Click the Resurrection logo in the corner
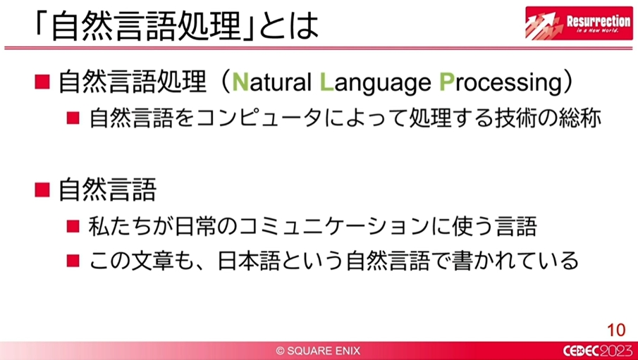coord(579,23)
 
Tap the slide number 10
coord(616,330)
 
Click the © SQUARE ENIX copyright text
coord(318,351)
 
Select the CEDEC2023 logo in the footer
coord(597,351)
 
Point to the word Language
coord(375,85)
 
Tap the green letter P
coord(446,82)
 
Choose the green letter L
coord(326,82)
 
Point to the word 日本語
coord(249,261)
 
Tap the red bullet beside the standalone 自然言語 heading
coord(42,190)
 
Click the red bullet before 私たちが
coord(73,227)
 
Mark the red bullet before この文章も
coord(73,261)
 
